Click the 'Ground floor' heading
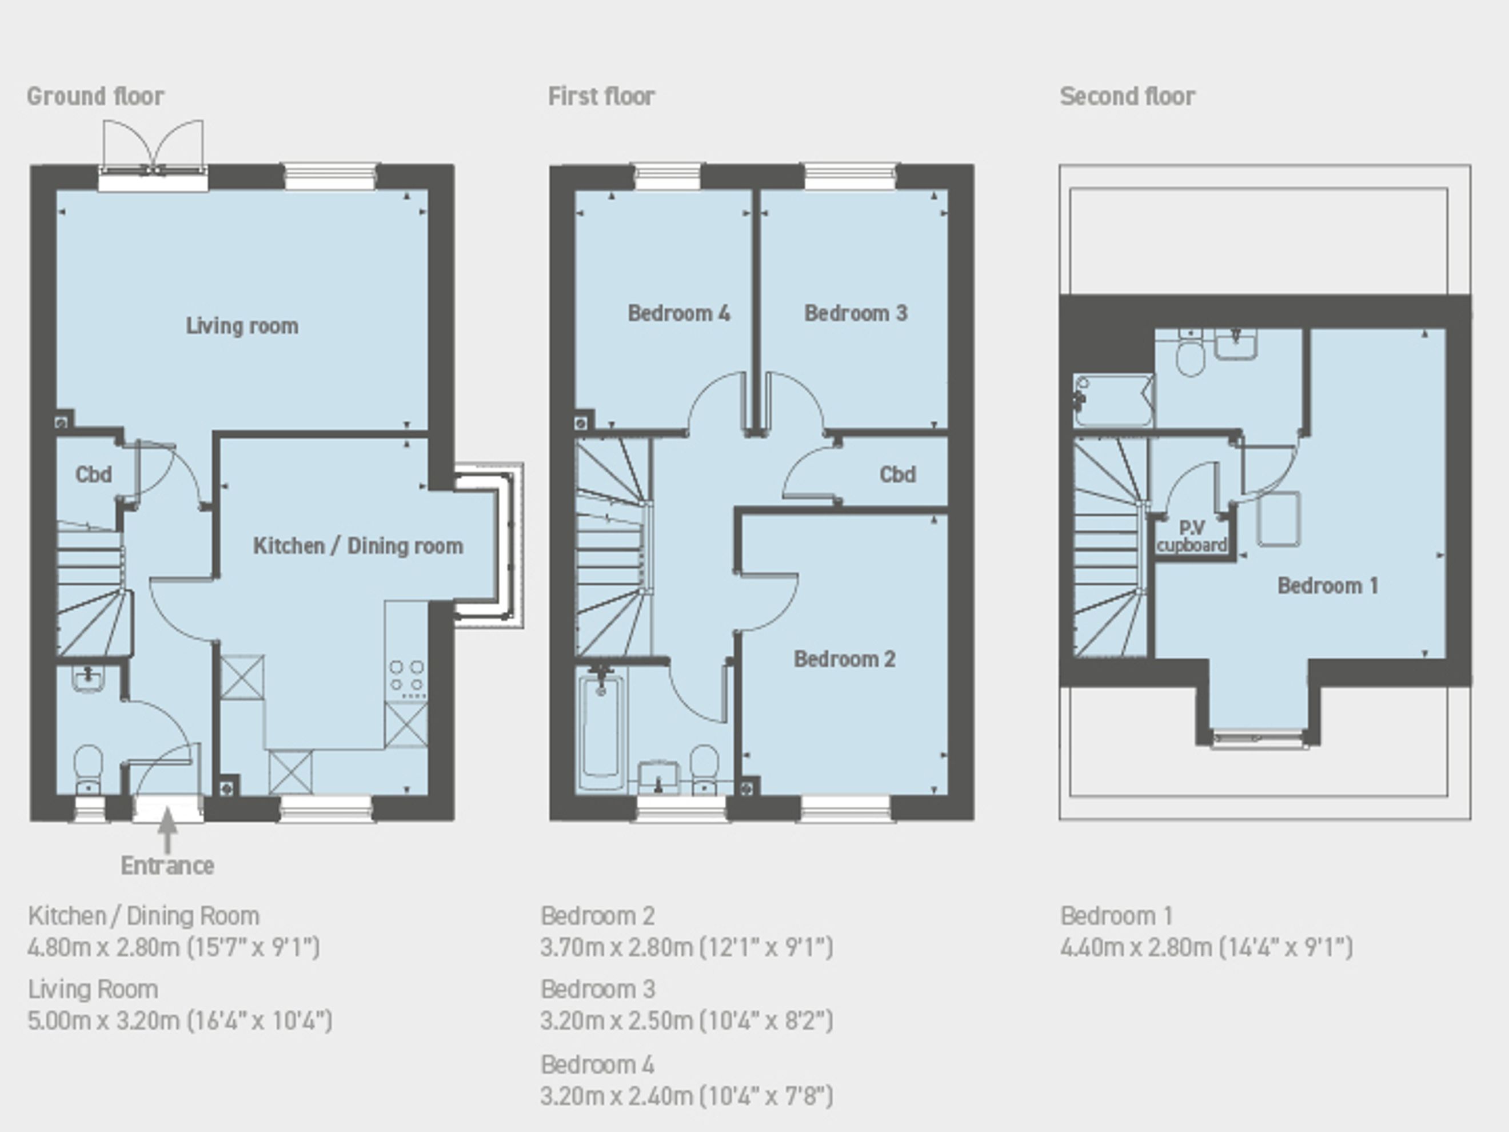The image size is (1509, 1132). (x=95, y=96)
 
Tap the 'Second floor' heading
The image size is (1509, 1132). (x=1127, y=96)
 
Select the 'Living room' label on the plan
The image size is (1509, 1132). (x=242, y=326)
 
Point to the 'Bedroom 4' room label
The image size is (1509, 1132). (x=679, y=313)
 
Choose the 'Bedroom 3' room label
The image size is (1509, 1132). (x=856, y=313)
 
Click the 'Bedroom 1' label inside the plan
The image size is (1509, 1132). (x=1328, y=585)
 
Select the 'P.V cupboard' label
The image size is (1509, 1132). (x=1192, y=536)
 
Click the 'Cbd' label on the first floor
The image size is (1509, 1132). (x=897, y=474)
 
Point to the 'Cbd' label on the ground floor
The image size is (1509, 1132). (x=94, y=474)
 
